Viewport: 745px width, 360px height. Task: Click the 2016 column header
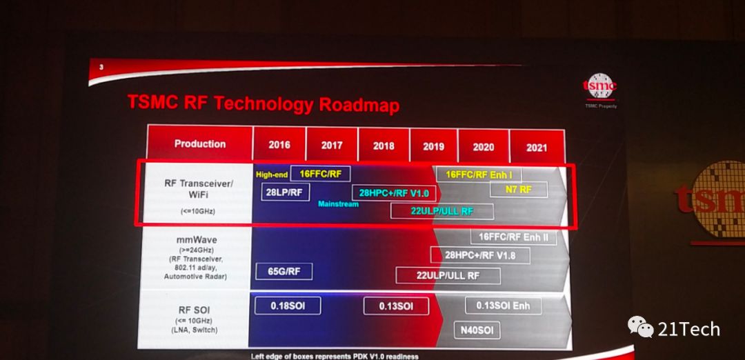tap(279, 143)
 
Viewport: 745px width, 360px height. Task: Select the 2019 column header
tap(433, 146)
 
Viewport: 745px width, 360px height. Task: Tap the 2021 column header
tap(537, 148)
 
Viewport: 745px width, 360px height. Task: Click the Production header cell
tap(200, 143)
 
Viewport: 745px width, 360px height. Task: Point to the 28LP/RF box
tap(285, 192)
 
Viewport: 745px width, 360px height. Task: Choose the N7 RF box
tap(519, 190)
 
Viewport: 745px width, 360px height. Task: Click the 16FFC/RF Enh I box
tap(479, 174)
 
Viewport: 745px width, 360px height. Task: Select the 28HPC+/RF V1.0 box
tap(394, 193)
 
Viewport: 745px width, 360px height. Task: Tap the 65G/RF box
tap(284, 272)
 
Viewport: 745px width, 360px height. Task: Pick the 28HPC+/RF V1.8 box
tap(473, 255)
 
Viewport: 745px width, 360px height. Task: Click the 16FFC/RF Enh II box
tap(513, 237)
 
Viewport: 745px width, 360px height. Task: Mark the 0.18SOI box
tap(288, 306)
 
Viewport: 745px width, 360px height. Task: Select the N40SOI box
tap(477, 330)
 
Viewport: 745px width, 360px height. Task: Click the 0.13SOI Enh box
tap(503, 306)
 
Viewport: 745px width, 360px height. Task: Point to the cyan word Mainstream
tap(338, 203)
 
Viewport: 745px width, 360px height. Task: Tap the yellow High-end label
tap(272, 174)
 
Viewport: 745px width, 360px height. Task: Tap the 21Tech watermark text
tap(688, 329)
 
